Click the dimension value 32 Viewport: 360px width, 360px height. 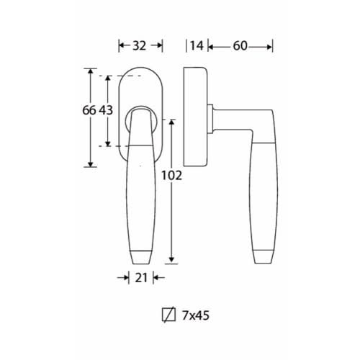[x=139, y=45]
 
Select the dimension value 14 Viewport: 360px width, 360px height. [x=197, y=45]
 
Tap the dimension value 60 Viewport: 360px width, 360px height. [x=240, y=45]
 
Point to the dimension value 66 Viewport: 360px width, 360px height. [x=89, y=110]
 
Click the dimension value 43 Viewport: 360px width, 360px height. [x=106, y=110]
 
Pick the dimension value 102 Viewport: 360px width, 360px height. [x=171, y=176]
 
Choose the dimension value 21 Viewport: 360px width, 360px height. [x=141, y=278]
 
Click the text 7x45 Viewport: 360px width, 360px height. [x=196, y=315]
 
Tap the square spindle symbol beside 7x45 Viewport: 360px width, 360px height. [x=168, y=315]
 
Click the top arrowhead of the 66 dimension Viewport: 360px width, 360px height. [x=91, y=71]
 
